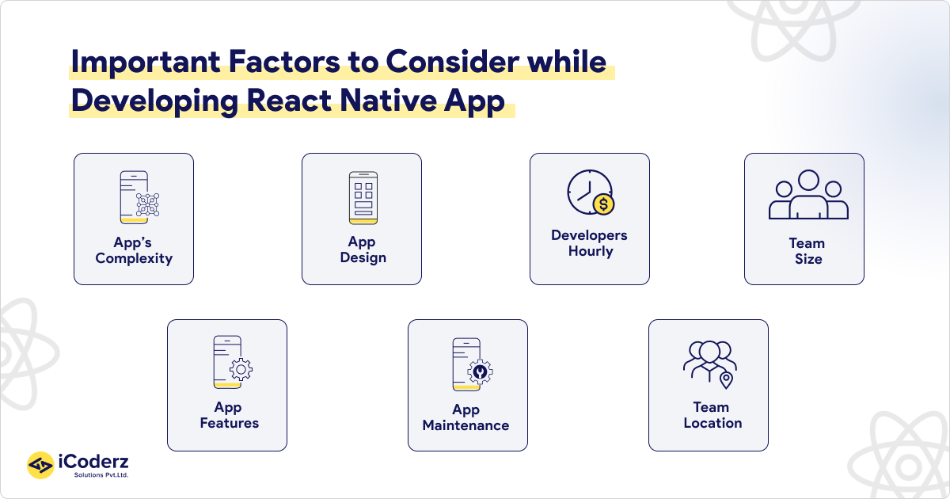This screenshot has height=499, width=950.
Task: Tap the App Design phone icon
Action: click(x=363, y=197)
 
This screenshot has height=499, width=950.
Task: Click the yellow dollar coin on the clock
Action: click(x=603, y=205)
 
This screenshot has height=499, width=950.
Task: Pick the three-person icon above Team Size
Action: click(x=807, y=196)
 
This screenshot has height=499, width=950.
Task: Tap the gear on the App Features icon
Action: click(x=241, y=370)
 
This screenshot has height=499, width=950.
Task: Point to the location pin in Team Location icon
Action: click(x=726, y=381)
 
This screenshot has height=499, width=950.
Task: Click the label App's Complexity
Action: click(x=134, y=250)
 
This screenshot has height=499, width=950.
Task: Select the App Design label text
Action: click(x=363, y=249)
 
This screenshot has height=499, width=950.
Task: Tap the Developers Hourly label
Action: click(x=590, y=243)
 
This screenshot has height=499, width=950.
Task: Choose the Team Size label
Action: click(x=807, y=251)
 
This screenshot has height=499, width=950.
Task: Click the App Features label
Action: click(x=229, y=415)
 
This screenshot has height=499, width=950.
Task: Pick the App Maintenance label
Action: click(x=466, y=417)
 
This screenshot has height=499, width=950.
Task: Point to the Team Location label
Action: click(x=712, y=415)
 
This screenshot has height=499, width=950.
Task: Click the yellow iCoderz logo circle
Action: click(x=40, y=465)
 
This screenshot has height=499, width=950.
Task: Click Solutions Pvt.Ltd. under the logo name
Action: click(x=101, y=475)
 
